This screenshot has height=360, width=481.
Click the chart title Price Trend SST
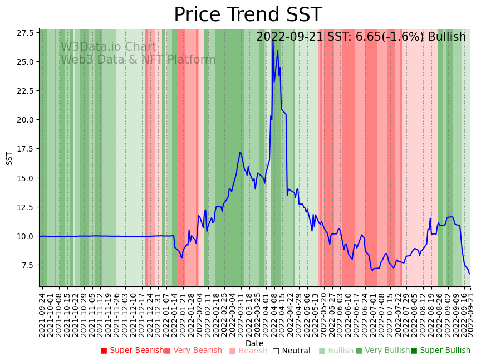click(x=248, y=15)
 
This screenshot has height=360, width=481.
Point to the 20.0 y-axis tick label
click(x=24, y=120)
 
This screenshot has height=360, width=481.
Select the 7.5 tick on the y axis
click(x=26, y=265)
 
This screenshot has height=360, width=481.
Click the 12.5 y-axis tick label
click(x=24, y=207)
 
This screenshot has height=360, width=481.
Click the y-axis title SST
click(x=9, y=158)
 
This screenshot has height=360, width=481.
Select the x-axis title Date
click(x=254, y=344)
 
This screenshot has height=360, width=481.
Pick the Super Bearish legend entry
click(x=132, y=351)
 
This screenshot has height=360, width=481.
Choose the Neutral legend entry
click(x=291, y=351)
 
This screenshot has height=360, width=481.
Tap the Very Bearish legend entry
click(x=193, y=351)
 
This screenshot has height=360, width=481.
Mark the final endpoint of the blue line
click(x=470, y=274)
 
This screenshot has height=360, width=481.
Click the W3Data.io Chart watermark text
click(x=109, y=47)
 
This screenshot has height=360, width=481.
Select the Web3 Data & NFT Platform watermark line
click(x=138, y=60)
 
